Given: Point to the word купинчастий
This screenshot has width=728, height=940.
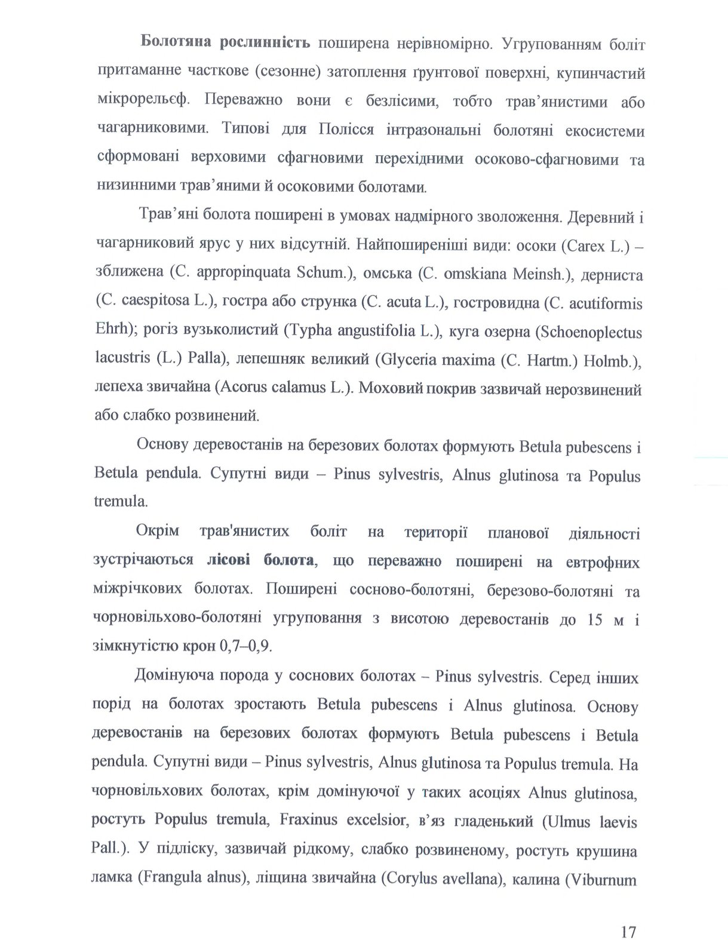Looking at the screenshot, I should click(601, 73).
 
